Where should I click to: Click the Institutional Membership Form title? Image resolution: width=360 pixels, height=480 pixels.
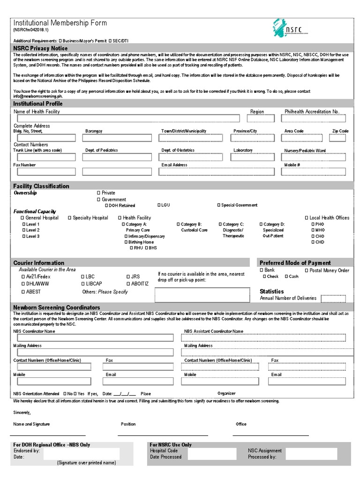[60, 23]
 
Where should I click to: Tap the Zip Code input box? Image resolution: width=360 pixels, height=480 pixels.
[337, 138]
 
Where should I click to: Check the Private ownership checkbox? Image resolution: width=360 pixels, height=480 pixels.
[98, 193]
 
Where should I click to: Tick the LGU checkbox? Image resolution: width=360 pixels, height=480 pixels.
[159, 205]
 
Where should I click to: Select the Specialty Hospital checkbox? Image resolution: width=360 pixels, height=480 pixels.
[70, 218]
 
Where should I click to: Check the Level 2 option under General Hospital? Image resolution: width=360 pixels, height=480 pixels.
[24, 230]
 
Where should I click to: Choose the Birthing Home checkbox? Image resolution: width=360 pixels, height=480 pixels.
[126, 242]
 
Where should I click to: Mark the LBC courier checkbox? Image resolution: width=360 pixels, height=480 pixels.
[83, 277]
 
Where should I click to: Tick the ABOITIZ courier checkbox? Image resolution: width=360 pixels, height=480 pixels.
[127, 284]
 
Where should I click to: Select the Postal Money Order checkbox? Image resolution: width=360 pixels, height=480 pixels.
[307, 270]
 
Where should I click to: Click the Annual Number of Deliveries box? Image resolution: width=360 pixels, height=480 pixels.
[333, 299]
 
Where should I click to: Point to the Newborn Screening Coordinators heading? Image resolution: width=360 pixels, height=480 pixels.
[57, 307]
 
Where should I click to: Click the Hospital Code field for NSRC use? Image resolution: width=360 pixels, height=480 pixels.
[205, 454]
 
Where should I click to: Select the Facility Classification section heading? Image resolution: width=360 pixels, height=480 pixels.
[41, 186]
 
